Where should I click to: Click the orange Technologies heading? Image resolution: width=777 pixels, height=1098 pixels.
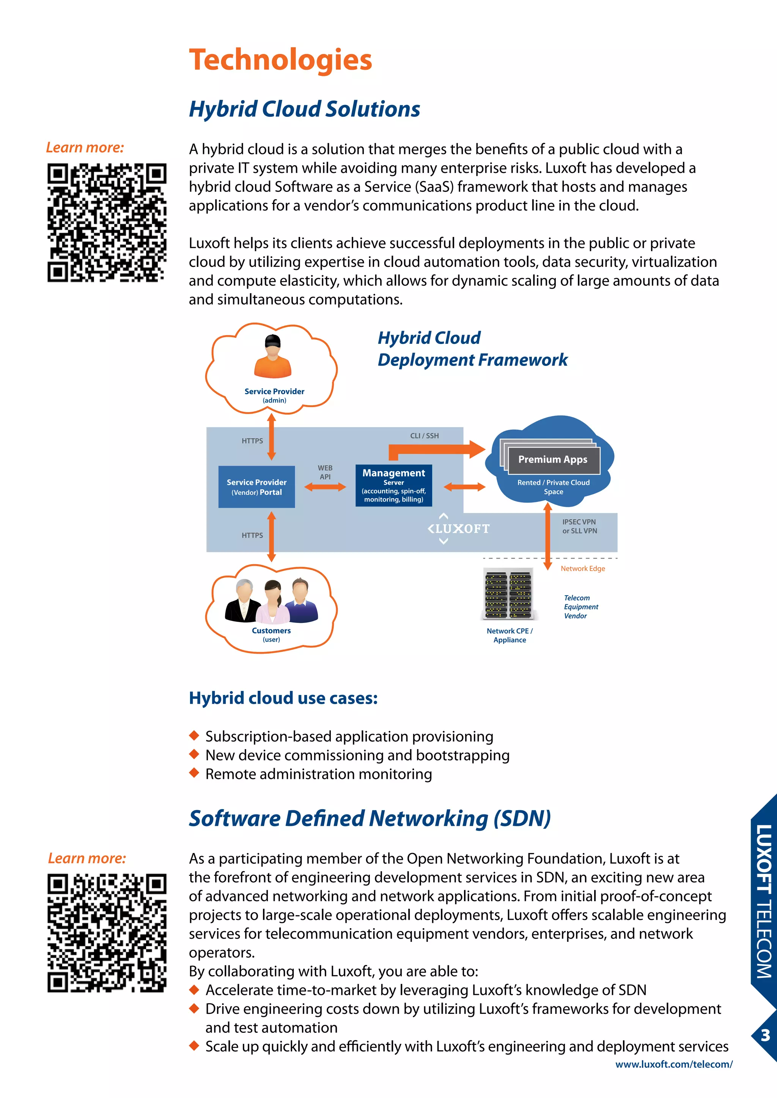[x=280, y=60]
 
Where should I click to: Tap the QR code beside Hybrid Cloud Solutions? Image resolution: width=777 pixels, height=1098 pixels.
[x=107, y=223]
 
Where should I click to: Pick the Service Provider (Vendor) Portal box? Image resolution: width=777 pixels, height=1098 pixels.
[x=256, y=487]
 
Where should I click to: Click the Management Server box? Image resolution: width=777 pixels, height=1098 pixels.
[x=393, y=485]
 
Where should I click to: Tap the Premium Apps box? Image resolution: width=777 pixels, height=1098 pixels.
[x=553, y=460]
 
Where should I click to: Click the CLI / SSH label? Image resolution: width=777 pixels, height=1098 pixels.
[x=425, y=436]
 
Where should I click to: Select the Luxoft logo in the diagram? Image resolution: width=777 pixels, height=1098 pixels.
[x=458, y=529]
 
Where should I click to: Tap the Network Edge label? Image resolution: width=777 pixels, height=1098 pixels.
[x=583, y=569]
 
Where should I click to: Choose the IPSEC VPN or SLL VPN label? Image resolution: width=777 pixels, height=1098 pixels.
[x=579, y=526]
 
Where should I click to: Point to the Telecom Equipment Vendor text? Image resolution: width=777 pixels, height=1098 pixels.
[x=580, y=607]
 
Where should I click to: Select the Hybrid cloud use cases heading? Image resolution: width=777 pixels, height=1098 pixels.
[x=283, y=698]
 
